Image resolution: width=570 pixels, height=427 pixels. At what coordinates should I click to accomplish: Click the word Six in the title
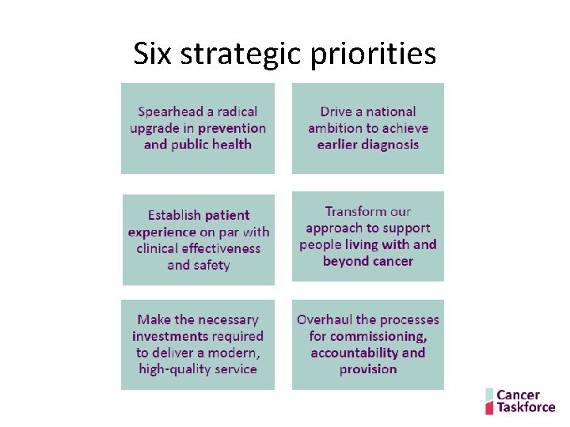[151, 54]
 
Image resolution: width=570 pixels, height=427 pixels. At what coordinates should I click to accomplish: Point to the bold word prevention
[232, 128]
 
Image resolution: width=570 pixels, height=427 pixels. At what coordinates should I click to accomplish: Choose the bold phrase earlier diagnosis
[368, 145]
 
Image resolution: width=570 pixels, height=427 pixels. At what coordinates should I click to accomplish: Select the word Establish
[174, 215]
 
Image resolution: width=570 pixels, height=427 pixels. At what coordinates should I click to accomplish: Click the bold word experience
[161, 232]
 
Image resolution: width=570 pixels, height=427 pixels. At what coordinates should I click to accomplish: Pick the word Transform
[356, 211]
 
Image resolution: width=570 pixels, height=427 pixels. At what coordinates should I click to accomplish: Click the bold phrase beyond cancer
[368, 261]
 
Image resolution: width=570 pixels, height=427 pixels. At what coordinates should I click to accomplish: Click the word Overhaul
[325, 319]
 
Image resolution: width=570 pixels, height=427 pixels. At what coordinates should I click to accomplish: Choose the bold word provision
[368, 369]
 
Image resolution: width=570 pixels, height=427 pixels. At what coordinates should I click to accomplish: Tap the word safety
[211, 265]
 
